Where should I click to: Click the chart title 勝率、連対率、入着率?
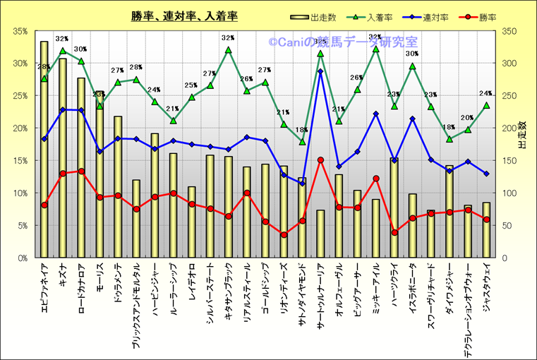[183, 16]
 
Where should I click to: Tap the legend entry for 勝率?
[472, 17]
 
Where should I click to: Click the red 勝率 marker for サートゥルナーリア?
[320, 160]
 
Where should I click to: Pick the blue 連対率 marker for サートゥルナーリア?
[320, 71]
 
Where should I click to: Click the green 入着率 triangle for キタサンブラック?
[228, 49]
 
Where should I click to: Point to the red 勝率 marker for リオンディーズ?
[284, 235]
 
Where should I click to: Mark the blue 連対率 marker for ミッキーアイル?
[376, 114]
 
